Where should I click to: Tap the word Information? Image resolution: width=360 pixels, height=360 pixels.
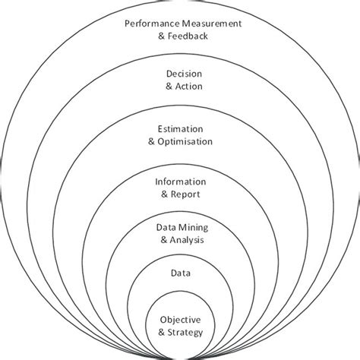click(x=180, y=182)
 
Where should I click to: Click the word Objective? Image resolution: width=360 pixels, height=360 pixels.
click(x=180, y=320)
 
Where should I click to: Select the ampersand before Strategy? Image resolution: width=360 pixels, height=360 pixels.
click(x=160, y=332)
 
